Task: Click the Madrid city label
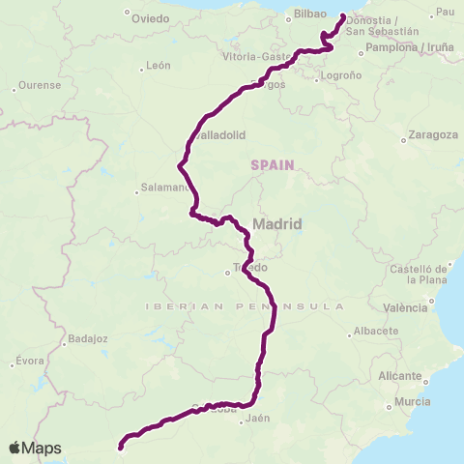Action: point(277,223)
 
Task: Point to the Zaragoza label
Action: point(433,134)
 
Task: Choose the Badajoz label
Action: point(88,339)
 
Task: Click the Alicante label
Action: point(400,375)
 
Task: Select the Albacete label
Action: point(376,331)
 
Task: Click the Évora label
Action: point(29,362)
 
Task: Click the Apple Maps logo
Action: point(34,448)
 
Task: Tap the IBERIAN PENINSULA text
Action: point(244,305)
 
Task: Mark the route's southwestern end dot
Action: point(121,447)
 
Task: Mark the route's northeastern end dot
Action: point(343,16)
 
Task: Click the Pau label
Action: point(446,12)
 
